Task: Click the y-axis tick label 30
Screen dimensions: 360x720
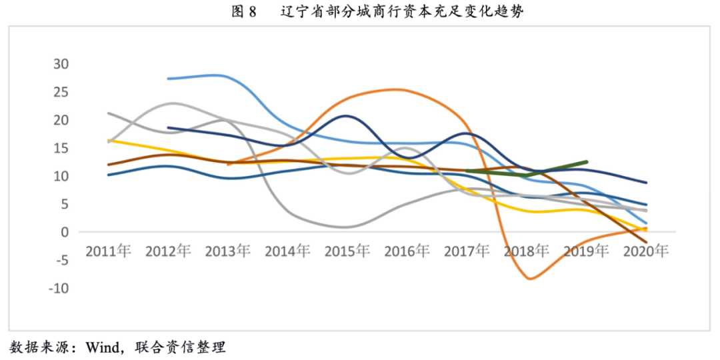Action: [x=61, y=64]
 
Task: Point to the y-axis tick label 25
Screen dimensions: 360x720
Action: [x=61, y=92]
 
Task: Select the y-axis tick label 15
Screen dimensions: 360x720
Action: [x=61, y=148]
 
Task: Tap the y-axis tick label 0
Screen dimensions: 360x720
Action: [x=65, y=232]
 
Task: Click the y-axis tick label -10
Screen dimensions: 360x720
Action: [x=59, y=288]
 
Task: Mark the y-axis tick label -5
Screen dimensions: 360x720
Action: [x=61, y=260]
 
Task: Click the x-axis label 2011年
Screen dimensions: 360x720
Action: [x=108, y=251]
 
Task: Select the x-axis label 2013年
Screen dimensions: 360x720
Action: [x=227, y=251]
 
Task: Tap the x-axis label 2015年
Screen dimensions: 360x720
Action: [x=347, y=251]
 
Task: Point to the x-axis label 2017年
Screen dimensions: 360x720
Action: [x=467, y=251]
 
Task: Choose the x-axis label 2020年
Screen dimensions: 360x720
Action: [x=645, y=251]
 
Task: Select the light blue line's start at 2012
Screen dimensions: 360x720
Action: [x=168, y=79]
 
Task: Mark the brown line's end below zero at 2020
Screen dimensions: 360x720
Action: [x=645, y=242]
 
